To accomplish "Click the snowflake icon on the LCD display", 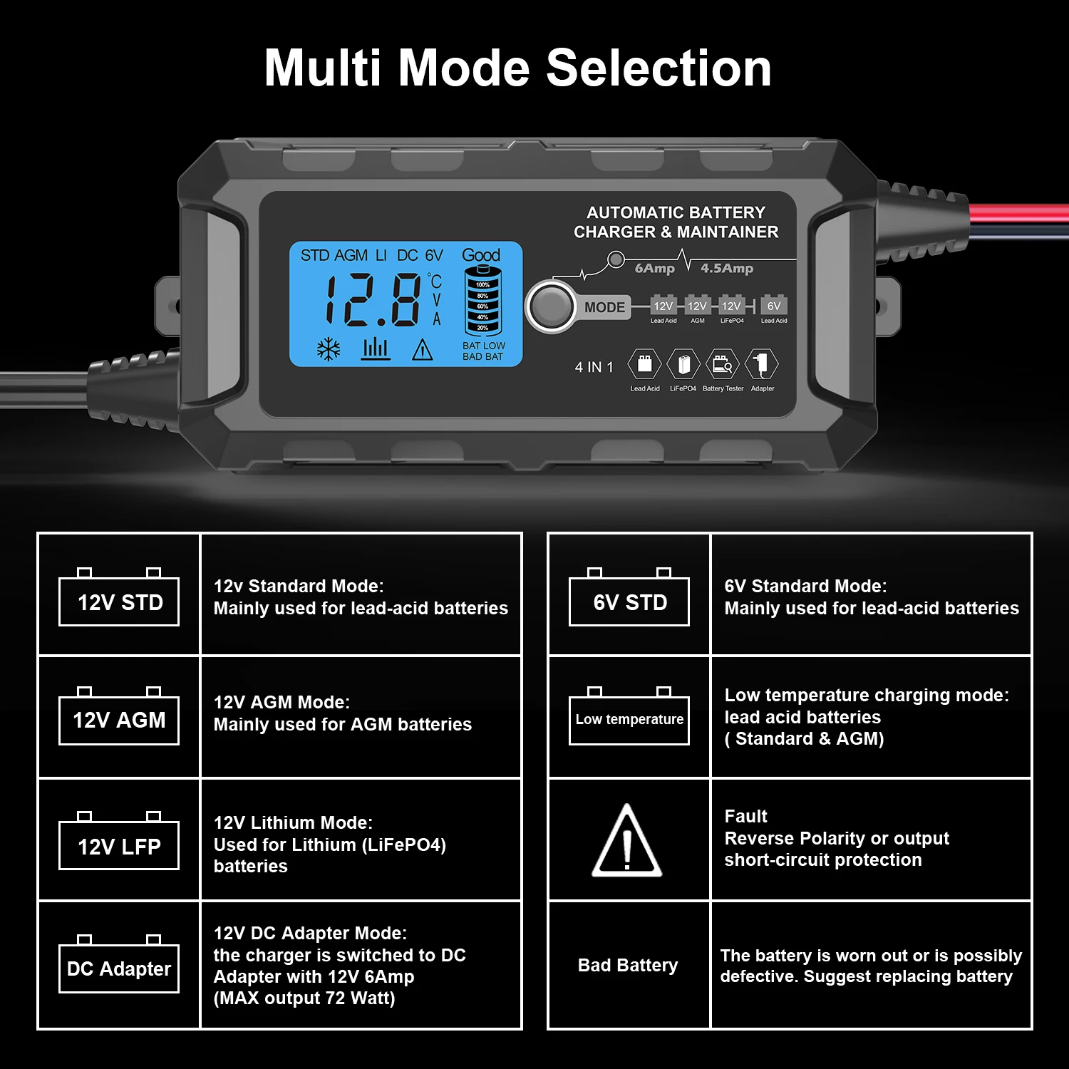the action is (x=329, y=349).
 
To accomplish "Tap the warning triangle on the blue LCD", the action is (x=423, y=349).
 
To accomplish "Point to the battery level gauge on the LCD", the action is (x=483, y=301).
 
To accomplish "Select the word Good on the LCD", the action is (x=481, y=255).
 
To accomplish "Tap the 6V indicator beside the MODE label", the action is (x=774, y=306).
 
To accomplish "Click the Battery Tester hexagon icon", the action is (x=723, y=365).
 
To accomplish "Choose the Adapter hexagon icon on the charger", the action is (x=762, y=365).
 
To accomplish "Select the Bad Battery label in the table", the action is (x=628, y=965).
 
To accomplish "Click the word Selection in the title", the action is (x=659, y=68).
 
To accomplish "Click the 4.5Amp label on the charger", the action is (x=727, y=269).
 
